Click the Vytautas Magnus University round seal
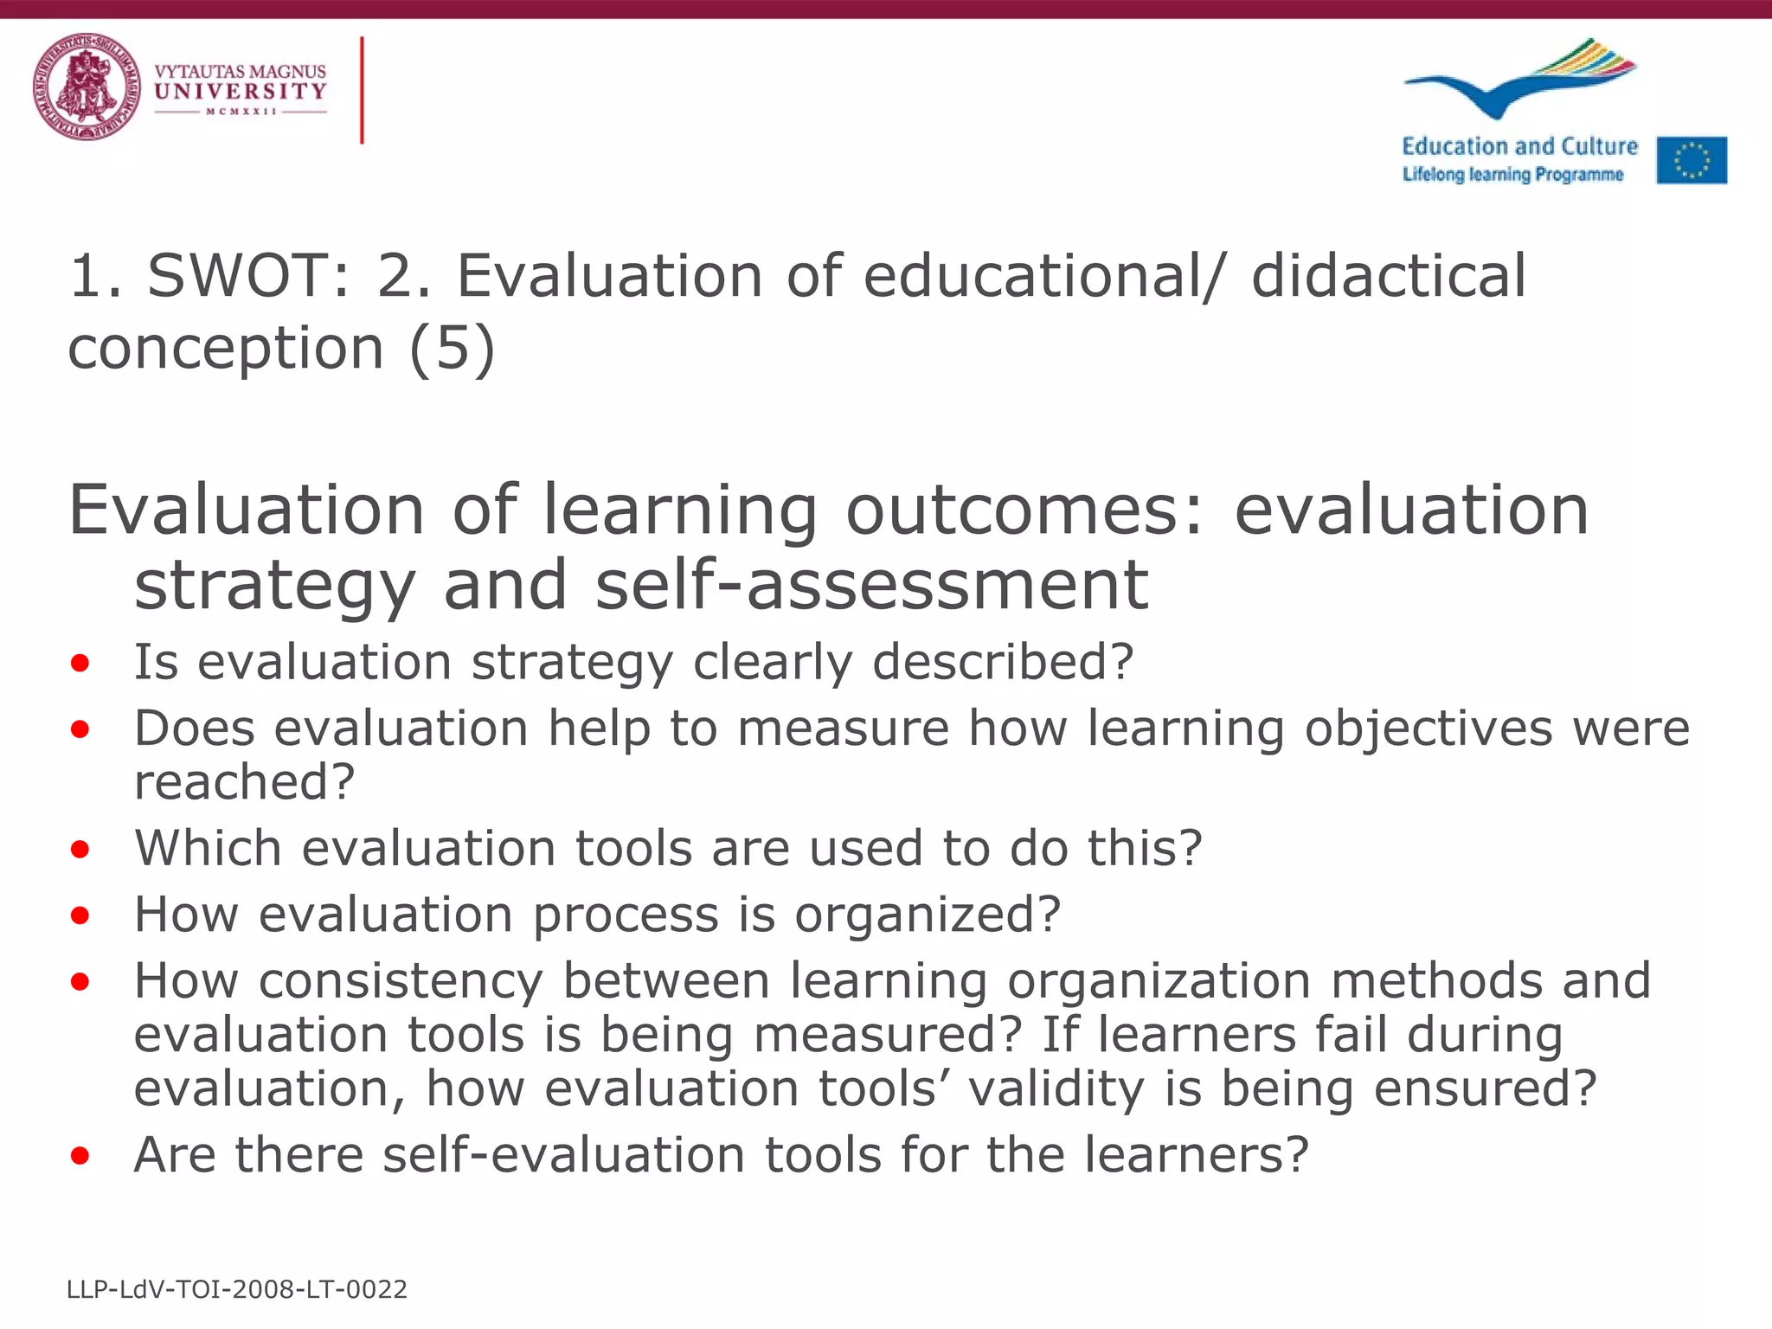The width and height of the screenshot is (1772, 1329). coord(87,87)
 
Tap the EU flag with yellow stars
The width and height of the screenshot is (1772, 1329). coord(1692,161)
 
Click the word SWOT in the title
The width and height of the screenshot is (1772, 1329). coord(247,276)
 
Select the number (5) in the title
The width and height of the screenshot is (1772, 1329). coord(453,348)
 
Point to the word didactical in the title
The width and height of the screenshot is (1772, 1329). coord(1389,276)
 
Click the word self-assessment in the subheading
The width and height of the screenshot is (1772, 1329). coord(872,585)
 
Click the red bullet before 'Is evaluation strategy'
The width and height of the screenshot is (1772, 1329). coord(80,664)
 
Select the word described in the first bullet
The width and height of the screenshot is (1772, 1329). coord(1002,663)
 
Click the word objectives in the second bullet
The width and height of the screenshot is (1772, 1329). coord(1429,728)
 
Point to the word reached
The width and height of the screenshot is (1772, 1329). coord(244,781)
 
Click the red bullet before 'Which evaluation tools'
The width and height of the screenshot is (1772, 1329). coord(80,849)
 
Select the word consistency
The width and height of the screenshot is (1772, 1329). coord(401,981)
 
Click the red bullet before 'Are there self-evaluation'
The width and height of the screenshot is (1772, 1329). coord(80,1155)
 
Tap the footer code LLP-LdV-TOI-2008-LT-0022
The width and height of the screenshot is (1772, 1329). coord(237,1289)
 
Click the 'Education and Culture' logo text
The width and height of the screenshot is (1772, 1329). coord(1519,146)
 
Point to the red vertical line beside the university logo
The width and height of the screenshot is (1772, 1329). coord(362,90)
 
